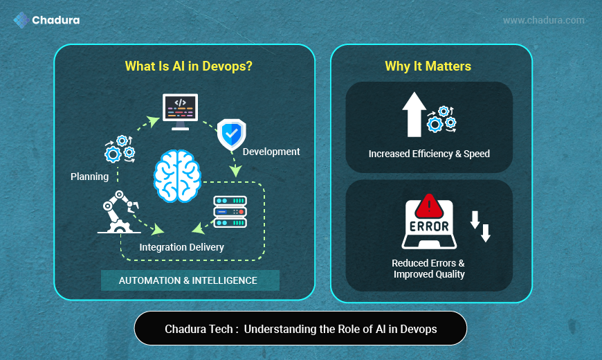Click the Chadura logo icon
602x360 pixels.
tap(21, 20)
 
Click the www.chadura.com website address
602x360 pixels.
tap(543, 20)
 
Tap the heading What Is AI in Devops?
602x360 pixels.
tap(188, 66)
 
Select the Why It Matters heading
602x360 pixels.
tap(428, 66)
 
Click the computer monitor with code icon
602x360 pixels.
tap(180, 112)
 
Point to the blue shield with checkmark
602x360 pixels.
tap(231, 134)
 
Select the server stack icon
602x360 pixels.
tap(230, 211)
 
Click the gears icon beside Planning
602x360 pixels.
tap(119, 148)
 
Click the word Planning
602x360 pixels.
tap(89, 177)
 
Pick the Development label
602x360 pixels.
tap(271, 152)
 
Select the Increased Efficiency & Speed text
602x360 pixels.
tap(429, 154)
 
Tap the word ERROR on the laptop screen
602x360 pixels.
tap(429, 226)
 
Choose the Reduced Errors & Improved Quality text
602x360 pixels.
tap(428, 269)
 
